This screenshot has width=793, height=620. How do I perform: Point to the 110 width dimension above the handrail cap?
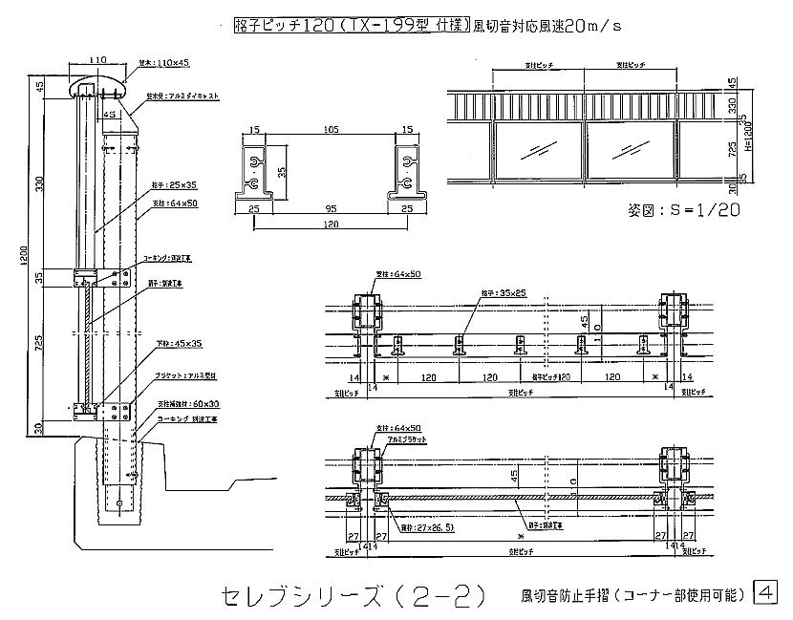pos(97,59)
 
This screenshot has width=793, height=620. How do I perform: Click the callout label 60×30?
pos(178,404)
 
